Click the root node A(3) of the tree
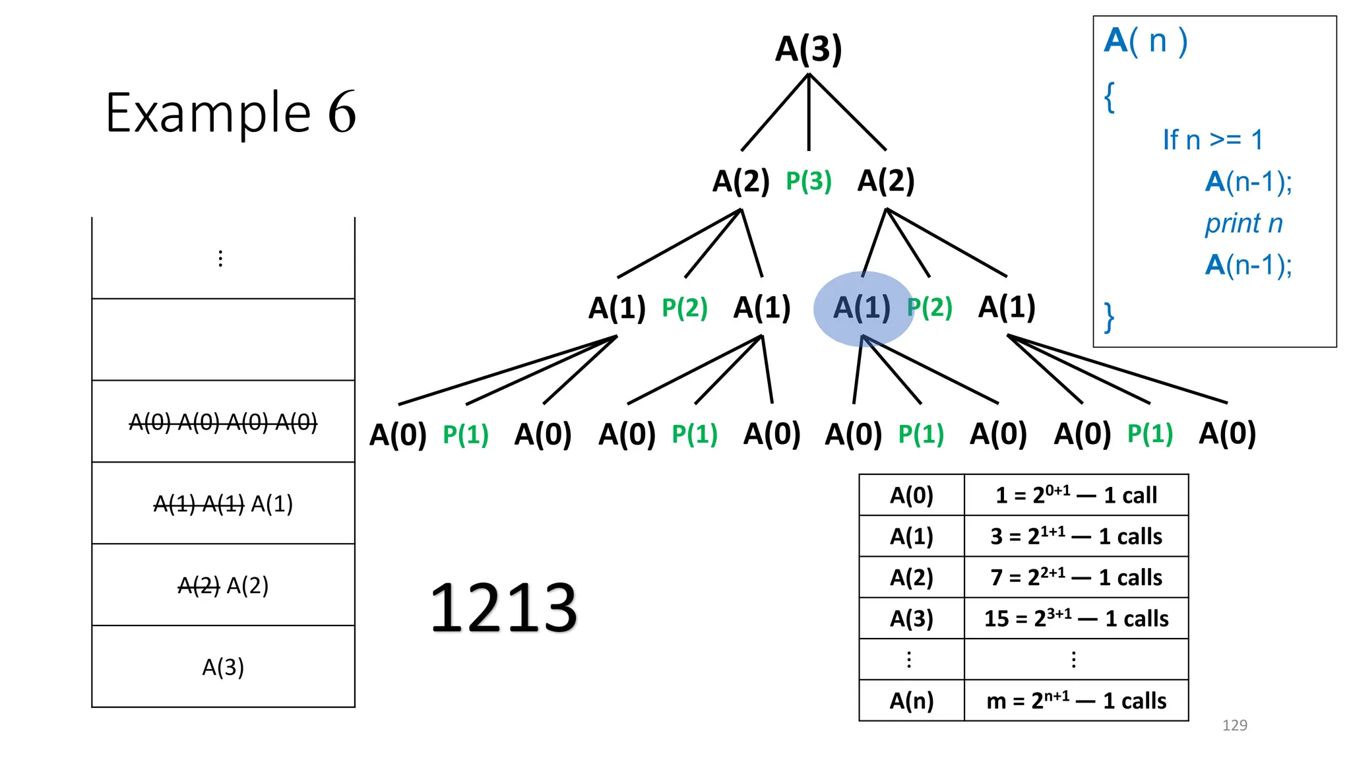[x=808, y=49]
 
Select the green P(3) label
[x=808, y=181]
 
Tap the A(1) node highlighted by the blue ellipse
[x=862, y=308]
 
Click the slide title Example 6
[x=230, y=113]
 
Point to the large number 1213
[x=503, y=608]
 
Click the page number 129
[x=1234, y=725]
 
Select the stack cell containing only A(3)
[x=223, y=667]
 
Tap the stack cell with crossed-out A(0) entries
[x=223, y=422]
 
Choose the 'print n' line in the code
[x=1243, y=224]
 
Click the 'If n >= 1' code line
[x=1212, y=140]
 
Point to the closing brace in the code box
[x=1110, y=317]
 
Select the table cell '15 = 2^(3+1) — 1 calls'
[x=1076, y=619]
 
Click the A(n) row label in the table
[x=912, y=701]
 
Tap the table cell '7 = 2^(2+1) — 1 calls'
[x=1076, y=577]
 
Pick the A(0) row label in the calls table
[x=912, y=495]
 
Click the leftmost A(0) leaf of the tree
[x=398, y=435]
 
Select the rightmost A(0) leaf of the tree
[x=1227, y=434]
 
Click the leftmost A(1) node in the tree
[x=617, y=308]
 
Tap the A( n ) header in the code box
[x=1146, y=42]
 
